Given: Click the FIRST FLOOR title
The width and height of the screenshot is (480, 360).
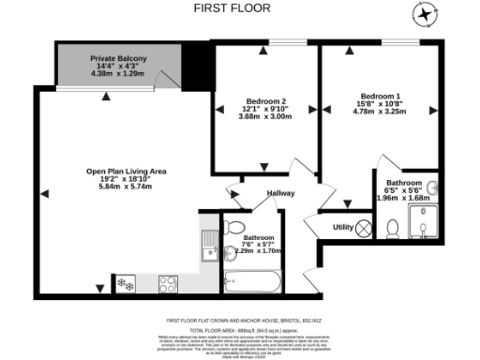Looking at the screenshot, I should [x=232, y=7].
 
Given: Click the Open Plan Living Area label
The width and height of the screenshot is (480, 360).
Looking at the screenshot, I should [x=126, y=172].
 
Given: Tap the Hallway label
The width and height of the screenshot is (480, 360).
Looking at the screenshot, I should [x=280, y=193].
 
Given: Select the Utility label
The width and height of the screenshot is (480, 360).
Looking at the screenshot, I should [x=343, y=227].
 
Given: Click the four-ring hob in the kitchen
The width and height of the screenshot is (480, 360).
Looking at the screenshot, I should [x=169, y=282].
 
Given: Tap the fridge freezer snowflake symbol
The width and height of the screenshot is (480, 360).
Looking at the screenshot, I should [x=124, y=282].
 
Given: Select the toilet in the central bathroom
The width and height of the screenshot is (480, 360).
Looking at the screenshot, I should [x=232, y=227].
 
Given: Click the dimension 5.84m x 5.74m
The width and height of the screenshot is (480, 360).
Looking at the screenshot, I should [x=126, y=187].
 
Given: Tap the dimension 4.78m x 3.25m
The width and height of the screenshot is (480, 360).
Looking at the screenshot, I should [x=381, y=111].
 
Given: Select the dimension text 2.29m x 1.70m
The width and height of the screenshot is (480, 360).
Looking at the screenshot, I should [x=260, y=251].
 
